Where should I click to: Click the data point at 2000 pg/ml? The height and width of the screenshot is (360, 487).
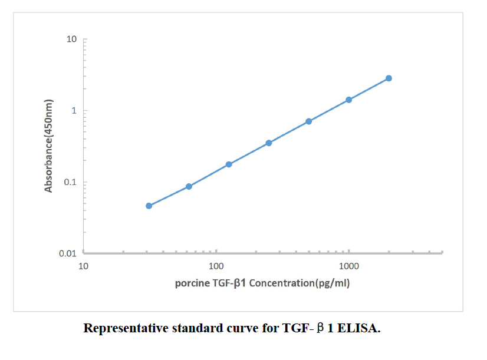(389, 78)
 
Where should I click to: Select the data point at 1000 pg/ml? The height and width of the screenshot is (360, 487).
(348, 100)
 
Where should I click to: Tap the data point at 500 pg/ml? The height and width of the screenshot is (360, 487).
(308, 121)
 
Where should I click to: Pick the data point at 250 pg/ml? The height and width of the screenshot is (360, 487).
(269, 143)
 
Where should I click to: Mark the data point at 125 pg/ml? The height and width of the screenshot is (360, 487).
(229, 164)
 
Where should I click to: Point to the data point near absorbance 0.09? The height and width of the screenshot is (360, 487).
(189, 186)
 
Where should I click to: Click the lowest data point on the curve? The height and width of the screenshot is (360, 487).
(149, 206)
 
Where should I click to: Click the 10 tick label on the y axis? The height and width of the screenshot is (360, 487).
(72, 39)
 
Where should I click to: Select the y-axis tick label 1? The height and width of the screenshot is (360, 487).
(75, 111)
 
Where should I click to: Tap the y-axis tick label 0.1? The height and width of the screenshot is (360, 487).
(70, 182)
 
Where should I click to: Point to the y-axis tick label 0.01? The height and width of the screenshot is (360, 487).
(68, 254)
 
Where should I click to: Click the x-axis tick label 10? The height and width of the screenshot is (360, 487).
(83, 265)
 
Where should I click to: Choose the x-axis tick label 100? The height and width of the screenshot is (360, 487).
(216, 265)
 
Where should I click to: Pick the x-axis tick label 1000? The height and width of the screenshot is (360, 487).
(349, 265)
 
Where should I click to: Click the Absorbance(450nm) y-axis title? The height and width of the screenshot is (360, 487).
(49, 146)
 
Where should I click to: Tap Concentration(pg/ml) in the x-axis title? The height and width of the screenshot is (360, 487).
(300, 283)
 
